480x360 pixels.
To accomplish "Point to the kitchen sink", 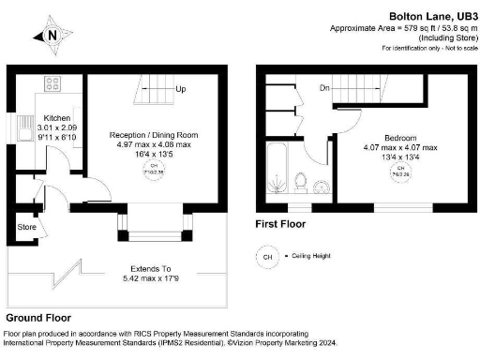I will pyautogui.click(x=20, y=127).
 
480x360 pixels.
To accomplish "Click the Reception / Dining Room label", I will pyautogui.click(x=153, y=135).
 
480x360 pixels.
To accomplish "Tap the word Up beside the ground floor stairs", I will pyautogui.click(x=180, y=89).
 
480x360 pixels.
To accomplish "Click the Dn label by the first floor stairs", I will pyautogui.click(x=323, y=88).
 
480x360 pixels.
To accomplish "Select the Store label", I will pyautogui.click(x=27, y=228).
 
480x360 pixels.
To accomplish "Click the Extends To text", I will pyautogui.click(x=152, y=267).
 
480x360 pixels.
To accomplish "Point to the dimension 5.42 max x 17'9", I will pyautogui.click(x=152, y=278).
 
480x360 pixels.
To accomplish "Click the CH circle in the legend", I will pyautogui.click(x=268, y=255).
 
